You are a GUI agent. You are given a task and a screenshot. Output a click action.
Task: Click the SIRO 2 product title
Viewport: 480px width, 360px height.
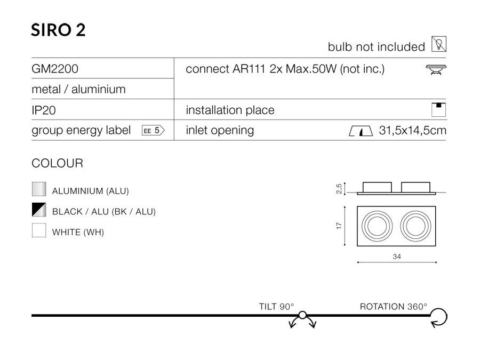58,30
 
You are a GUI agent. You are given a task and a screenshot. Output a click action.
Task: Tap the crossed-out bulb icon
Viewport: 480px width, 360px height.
439,44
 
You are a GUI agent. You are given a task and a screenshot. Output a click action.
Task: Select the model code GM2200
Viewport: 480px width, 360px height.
55,69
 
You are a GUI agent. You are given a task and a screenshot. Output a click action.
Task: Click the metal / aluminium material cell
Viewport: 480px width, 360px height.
79,90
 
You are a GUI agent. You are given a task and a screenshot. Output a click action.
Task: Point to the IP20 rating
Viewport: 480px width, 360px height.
44,110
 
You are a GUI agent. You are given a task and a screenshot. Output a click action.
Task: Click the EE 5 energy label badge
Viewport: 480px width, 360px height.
153,131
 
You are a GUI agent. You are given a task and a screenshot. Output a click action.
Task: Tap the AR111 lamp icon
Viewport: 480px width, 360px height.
436,69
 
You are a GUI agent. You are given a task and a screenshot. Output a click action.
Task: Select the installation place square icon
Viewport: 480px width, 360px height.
439,109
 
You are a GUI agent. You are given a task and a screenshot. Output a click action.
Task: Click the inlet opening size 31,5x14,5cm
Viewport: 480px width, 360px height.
412,131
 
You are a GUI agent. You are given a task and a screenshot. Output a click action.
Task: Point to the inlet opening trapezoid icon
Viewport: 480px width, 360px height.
361,131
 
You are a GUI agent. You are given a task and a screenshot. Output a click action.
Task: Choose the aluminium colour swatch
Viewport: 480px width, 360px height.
39,189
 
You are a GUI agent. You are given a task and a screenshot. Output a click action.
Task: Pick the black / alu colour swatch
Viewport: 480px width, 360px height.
39,210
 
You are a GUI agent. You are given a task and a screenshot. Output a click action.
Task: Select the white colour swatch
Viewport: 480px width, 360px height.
39,230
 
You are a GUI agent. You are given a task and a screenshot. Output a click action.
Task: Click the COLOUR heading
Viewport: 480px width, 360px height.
57,163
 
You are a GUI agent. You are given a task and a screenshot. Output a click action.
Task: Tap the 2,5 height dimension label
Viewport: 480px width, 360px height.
339,189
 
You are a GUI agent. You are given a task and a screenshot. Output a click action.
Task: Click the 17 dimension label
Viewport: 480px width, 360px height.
339,226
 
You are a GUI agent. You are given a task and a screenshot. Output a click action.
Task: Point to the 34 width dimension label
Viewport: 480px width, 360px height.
397,257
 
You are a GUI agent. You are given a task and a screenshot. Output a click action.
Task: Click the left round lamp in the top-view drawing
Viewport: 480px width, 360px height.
377,226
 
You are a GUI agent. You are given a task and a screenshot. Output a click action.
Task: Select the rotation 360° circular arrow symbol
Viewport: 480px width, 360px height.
438,317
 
